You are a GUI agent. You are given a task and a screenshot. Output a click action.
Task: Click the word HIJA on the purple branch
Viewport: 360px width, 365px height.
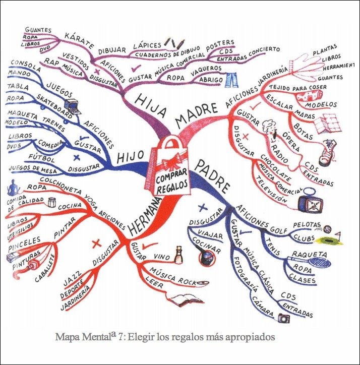[150, 103]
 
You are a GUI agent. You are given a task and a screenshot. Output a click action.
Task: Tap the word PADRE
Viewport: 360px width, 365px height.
[211, 171]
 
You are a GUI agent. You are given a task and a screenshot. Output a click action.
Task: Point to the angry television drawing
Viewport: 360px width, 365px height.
[309, 202]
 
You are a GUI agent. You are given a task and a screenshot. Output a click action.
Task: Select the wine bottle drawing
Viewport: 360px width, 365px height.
[177, 255]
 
